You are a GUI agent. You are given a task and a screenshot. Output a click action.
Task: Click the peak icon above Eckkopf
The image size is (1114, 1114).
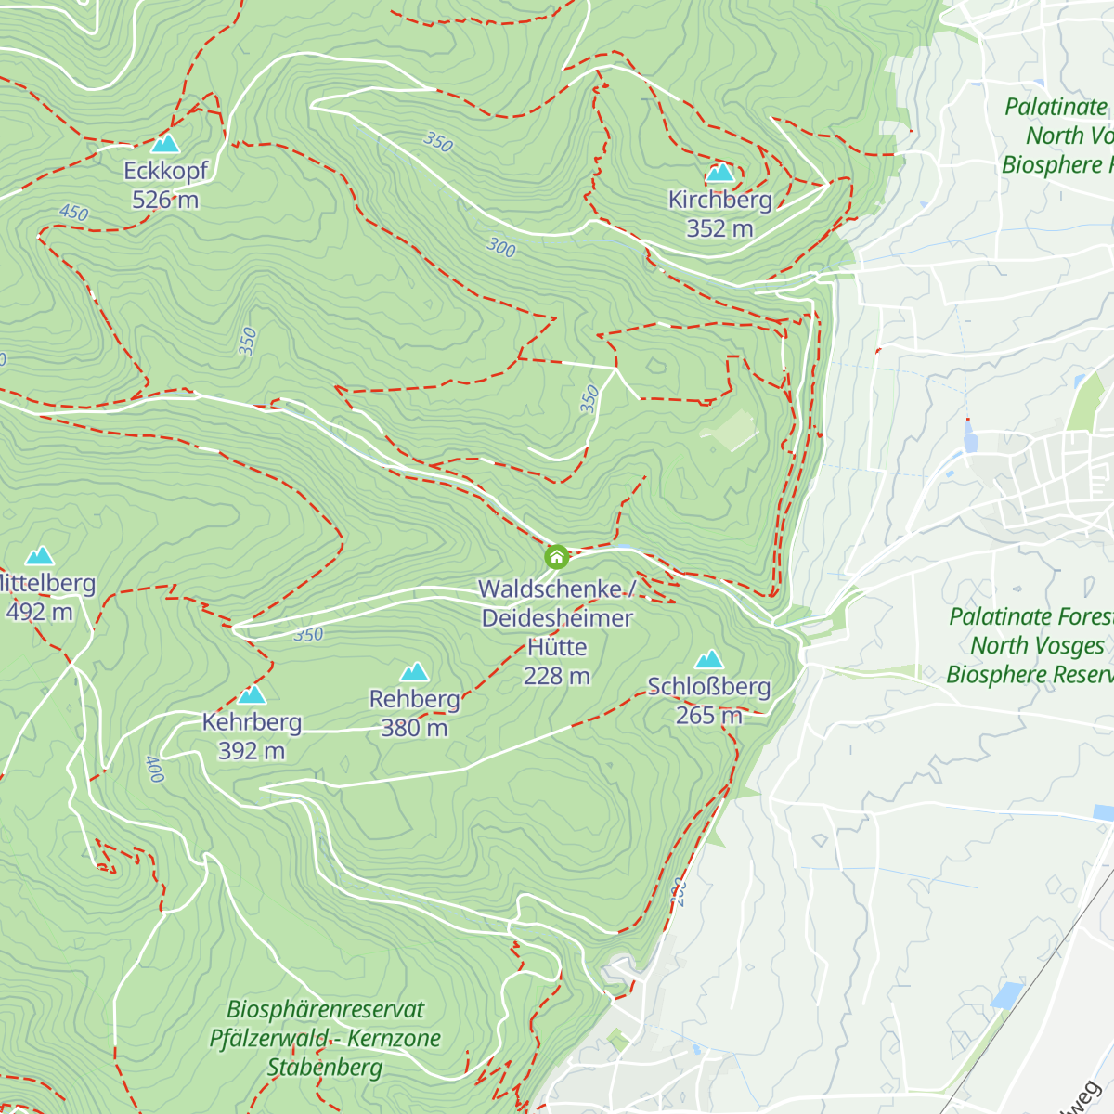(165, 143)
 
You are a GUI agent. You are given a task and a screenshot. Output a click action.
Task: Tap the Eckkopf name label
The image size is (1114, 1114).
(166, 171)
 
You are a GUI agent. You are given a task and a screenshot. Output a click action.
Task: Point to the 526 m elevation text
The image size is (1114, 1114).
(165, 200)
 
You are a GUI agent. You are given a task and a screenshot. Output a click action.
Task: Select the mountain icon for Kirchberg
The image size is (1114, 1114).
(719, 172)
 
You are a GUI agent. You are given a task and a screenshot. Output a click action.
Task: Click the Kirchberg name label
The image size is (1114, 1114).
(720, 200)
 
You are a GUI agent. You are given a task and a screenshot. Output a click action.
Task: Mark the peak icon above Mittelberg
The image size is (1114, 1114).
(39, 556)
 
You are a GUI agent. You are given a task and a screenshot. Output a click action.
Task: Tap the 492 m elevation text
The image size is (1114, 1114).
(39, 612)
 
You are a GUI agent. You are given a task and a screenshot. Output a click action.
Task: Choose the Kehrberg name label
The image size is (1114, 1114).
(252, 722)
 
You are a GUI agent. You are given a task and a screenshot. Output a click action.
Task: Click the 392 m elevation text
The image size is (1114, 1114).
(252, 750)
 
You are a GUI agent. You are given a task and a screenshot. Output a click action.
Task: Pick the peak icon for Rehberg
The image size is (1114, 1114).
(414, 671)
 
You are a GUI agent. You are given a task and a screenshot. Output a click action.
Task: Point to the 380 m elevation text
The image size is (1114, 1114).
(414, 728)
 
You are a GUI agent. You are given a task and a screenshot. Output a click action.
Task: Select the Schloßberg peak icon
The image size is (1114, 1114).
(709, 659)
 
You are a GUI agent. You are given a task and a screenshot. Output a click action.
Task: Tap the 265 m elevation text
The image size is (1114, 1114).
(709, 715)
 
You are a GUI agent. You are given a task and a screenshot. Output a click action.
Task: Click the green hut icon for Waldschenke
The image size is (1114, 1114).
(556, 557)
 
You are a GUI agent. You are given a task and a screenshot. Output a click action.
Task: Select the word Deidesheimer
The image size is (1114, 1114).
(557, 618)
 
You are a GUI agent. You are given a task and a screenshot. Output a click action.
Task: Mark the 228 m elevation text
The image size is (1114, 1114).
(557, 676)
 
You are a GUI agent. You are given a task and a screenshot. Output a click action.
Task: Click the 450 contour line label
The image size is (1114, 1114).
(73, 213)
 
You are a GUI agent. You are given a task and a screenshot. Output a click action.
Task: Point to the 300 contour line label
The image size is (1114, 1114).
(500, 248)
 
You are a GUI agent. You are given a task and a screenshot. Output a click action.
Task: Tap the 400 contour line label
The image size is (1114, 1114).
(154, 769)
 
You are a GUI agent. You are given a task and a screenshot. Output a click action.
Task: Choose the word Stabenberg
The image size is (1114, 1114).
(325, 1068)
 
